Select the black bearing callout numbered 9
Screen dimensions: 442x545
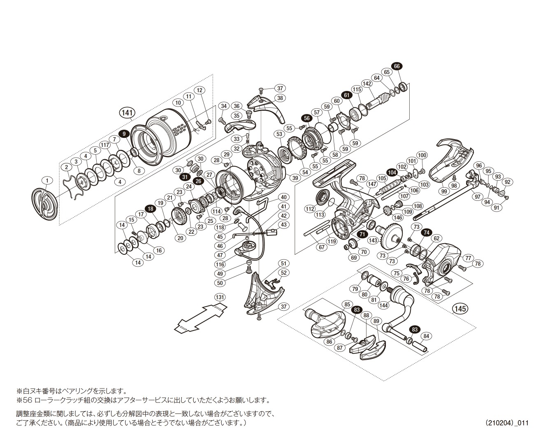click(x=124, y=133)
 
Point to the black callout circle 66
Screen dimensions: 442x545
click(x=397, y=66)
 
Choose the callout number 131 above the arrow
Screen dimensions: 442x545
click(x=220, y=298)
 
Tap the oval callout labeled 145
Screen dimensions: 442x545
click(x=460, y=309)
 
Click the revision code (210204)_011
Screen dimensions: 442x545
click(x=507, y=423)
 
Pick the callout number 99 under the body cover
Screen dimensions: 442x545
click(x=444, y=191)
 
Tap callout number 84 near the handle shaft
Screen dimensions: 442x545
click(x=426, y=336)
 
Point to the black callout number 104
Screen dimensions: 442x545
click(x=392, y=172)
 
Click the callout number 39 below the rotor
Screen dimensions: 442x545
click(x=295, y=178)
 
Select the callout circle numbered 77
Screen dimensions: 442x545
click(x=468, y=258)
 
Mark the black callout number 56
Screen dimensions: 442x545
click(x=306, y=118)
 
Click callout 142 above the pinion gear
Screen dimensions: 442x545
click(x=367, y=84)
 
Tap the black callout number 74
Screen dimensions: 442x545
click(x=427, y=233)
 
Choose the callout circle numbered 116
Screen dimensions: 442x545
click(x=220, y=265)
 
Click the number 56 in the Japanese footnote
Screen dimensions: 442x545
click(x=28, y=400)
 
